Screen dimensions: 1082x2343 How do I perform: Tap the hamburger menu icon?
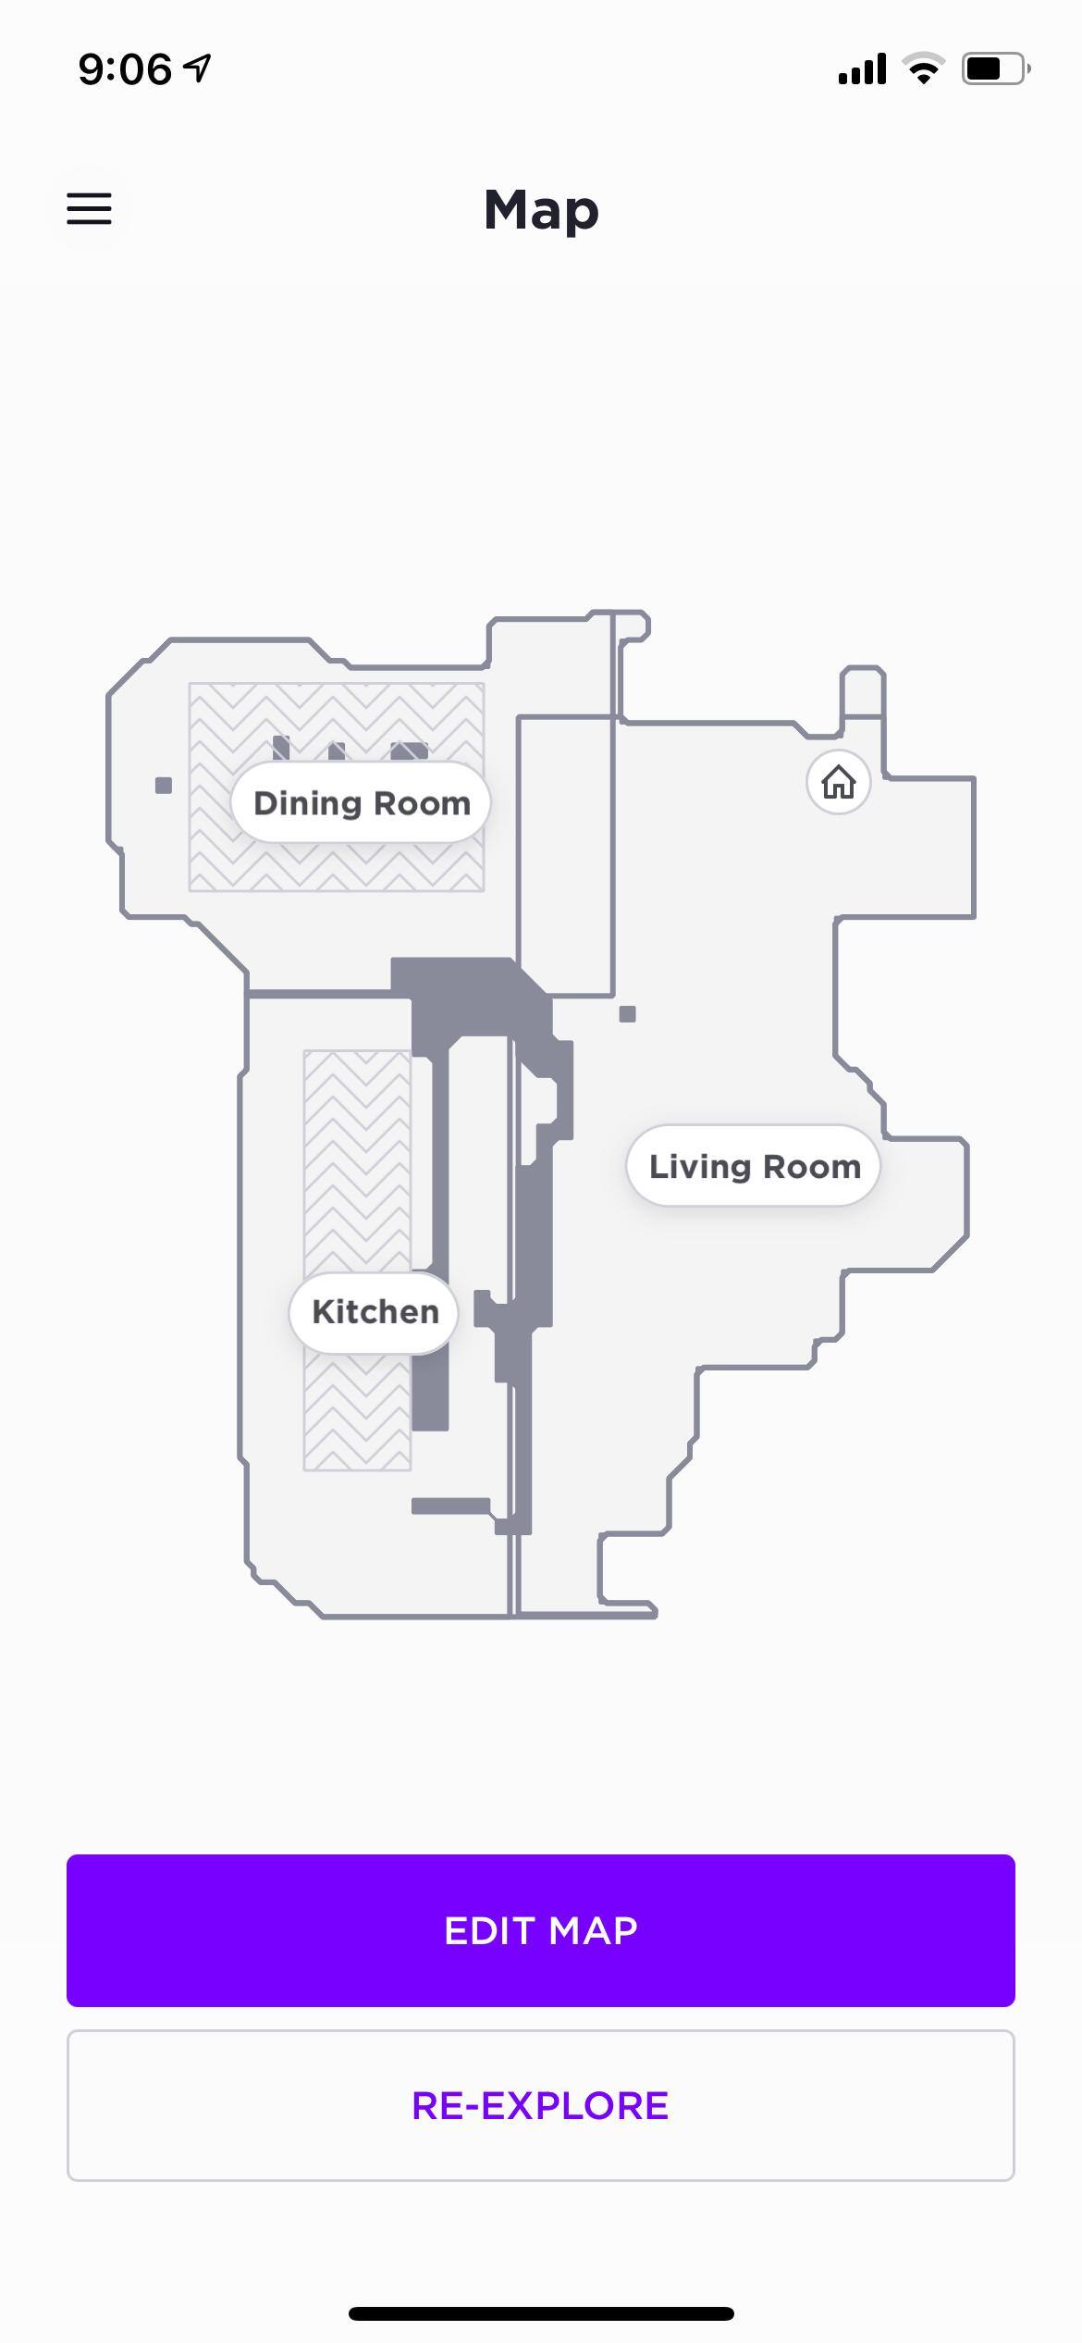[89, 209]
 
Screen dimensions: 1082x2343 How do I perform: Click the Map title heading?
[541, 212]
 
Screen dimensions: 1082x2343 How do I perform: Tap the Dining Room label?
[361, 802]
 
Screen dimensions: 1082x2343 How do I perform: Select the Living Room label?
[754, 1166]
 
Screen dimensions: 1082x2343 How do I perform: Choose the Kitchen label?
[375, 1312]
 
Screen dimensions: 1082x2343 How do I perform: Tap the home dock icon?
[839, 782]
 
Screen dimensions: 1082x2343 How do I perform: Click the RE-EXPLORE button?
[541, 2105]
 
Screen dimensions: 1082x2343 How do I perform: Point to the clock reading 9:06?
[125, 69]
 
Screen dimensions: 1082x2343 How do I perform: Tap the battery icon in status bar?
[996, 68]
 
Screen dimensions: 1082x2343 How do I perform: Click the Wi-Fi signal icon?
[923, 68]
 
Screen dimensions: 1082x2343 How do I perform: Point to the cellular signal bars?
[862, 68]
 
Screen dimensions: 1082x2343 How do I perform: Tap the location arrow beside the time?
[197, 68]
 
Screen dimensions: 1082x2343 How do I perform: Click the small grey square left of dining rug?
[164, 786]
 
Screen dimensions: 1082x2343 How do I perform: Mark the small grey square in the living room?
[627, 1014]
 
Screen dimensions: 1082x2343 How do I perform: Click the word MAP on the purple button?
[593, 1930]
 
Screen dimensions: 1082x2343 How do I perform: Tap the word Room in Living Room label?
[812, 1166]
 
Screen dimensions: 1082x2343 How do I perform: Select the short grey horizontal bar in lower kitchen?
[450, 1506]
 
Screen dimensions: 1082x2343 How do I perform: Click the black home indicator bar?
[541, 2313]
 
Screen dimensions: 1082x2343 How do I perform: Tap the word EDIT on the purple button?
[489, 1930]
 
